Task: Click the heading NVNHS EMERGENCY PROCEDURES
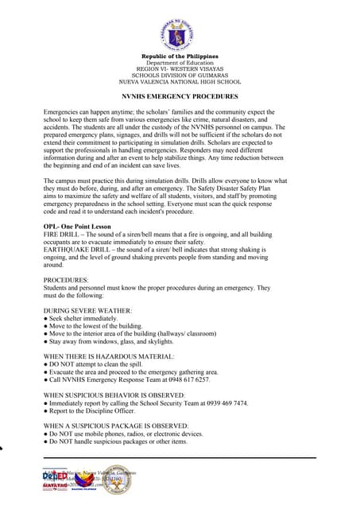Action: [x=180, y=95]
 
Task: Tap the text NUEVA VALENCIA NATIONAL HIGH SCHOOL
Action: [x=180, y=81]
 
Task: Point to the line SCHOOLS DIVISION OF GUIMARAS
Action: [x=180, y=75]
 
